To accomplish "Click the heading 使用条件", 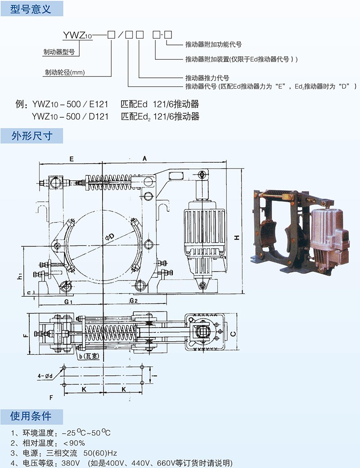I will click(x=31, y=416).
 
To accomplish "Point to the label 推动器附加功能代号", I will click(x=213, y=45).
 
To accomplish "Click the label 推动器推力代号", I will click(x=207, y=76).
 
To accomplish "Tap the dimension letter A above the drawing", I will click(x=144, y=158).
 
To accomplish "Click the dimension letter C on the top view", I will click(x=233, y=334).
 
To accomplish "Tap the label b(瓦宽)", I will click(x=89, y=356).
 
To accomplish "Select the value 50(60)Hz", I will click(x=107, y=453).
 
